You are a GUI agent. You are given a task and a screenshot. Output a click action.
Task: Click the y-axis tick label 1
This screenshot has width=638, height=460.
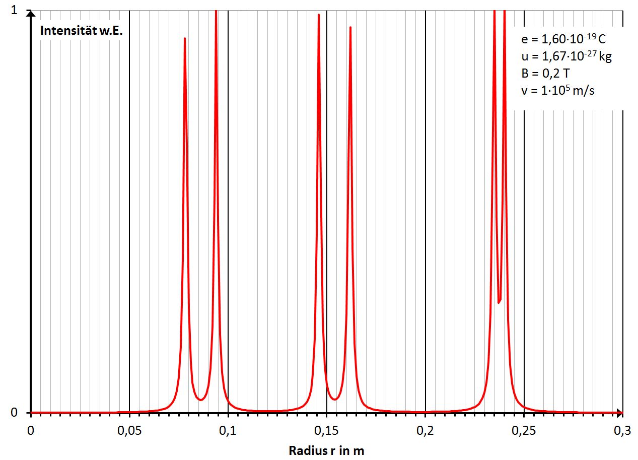click(x=15, y=11)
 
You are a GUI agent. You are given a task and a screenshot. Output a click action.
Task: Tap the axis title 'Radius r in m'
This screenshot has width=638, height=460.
click(x=326, y=450)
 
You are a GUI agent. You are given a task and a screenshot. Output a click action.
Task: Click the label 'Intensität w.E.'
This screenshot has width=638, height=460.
click(x=82, y=30)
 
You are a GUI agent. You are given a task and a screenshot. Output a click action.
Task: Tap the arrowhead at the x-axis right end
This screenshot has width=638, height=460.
click(x=620, y=413)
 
